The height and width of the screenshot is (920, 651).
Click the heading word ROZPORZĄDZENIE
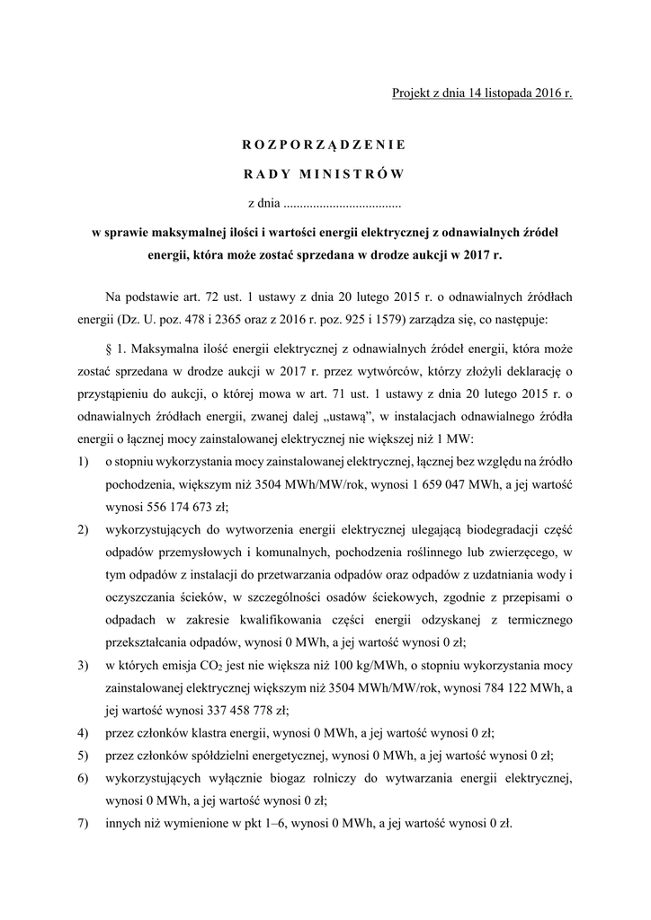pos(325,144)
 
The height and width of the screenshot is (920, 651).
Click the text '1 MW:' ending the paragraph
pos(465,438)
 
